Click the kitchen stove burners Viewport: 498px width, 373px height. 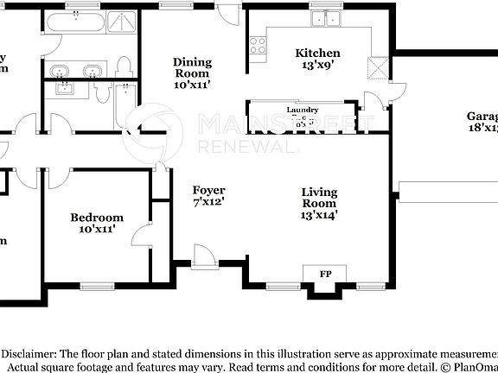(x=258, y=45)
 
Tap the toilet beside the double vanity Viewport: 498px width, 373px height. (x=124, y=66)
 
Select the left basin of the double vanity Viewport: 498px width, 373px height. (x=61, y=70)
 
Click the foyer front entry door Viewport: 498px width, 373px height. (x=204, y=254)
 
